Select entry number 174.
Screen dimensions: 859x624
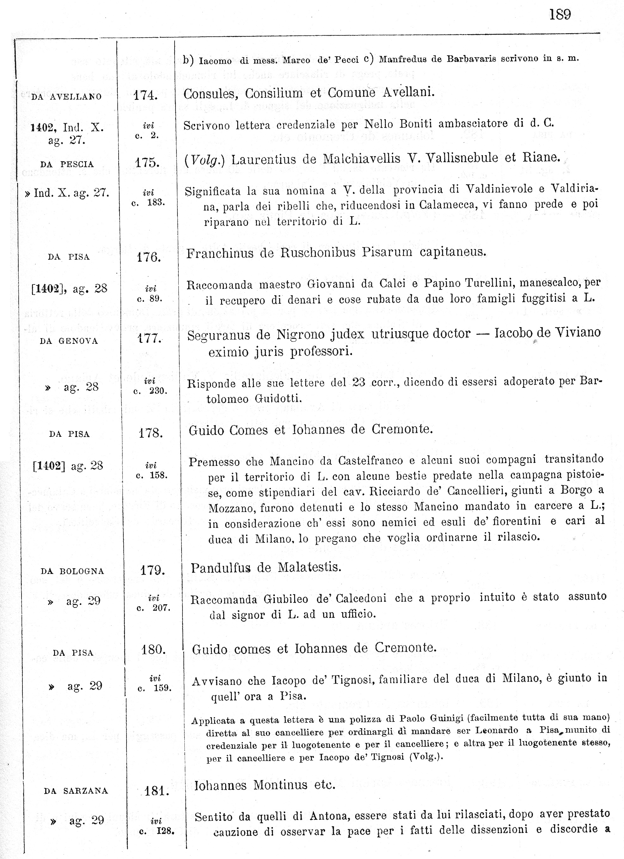click(145, 95)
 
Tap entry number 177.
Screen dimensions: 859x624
click(149, 338)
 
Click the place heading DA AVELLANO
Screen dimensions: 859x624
click(66, 97)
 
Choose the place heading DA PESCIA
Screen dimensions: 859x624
click(67, 164)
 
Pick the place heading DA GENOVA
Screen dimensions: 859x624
click(69, 341)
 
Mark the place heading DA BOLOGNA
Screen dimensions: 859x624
click(72, 571)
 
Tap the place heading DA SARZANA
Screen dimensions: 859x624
click(76, 791)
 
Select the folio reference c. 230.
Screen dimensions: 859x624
click(150, 391)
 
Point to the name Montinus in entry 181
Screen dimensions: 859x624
click(280, 785)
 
